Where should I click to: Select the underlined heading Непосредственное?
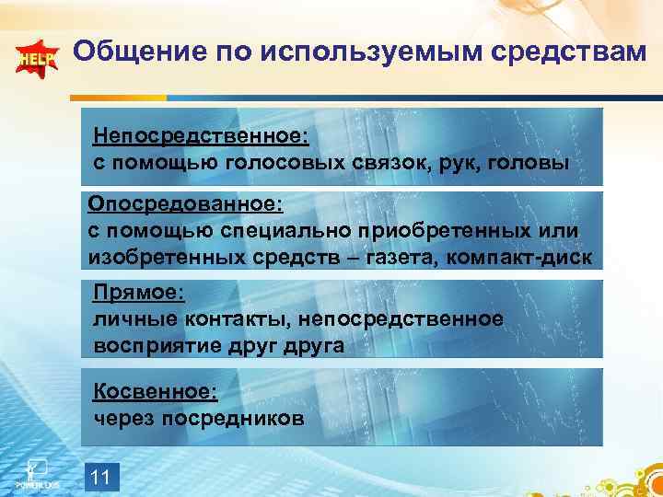[x=201, y=136]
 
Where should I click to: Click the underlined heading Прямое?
[x=139, y=293]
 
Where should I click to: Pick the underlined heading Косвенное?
[x=156, y=391]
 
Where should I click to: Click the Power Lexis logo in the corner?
[x=36, y=472]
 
